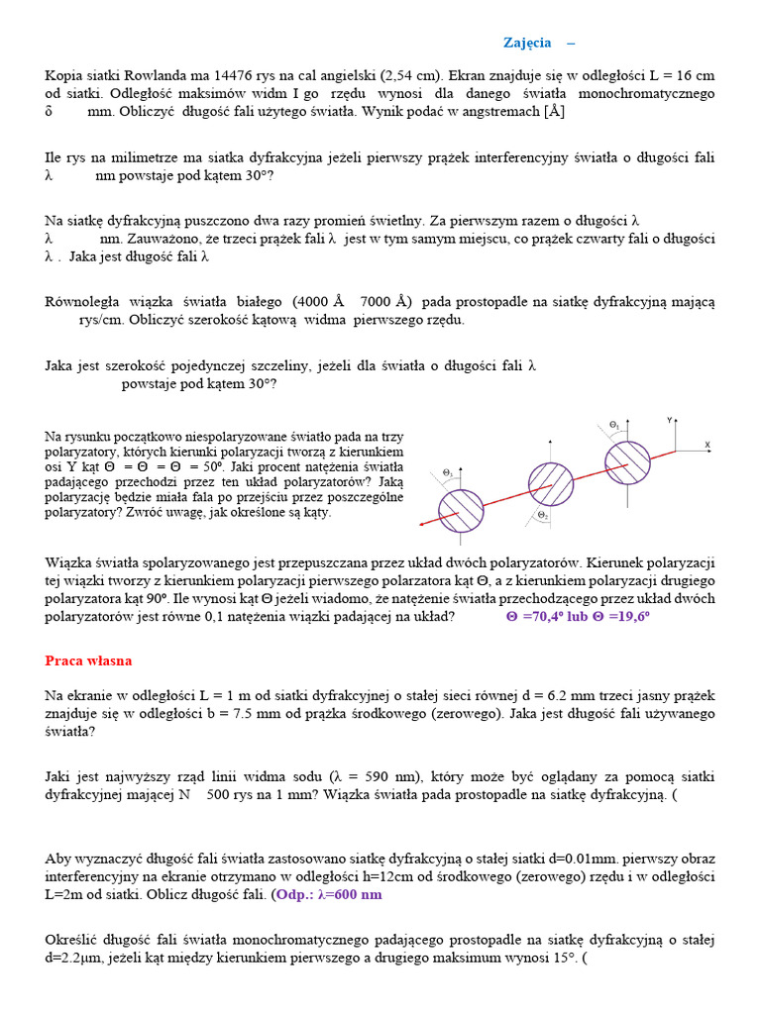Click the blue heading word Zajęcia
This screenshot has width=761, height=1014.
(526, 43)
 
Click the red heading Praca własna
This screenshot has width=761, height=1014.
(88, 660)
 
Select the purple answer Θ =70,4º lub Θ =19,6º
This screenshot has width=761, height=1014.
(578, 616)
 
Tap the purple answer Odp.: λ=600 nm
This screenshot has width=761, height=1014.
(329, 894)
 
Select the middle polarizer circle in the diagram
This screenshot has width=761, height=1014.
(548, 481)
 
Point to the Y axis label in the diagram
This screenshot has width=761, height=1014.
(670, 421)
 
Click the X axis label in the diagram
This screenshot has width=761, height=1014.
(707, 445)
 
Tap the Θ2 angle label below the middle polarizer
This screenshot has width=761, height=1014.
(542, 516)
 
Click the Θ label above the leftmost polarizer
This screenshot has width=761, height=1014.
(448, 473)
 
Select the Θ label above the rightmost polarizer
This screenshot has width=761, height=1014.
(613, 425)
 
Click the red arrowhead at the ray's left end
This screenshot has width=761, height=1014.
(423, 524)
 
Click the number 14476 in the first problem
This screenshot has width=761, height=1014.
(224, 75)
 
